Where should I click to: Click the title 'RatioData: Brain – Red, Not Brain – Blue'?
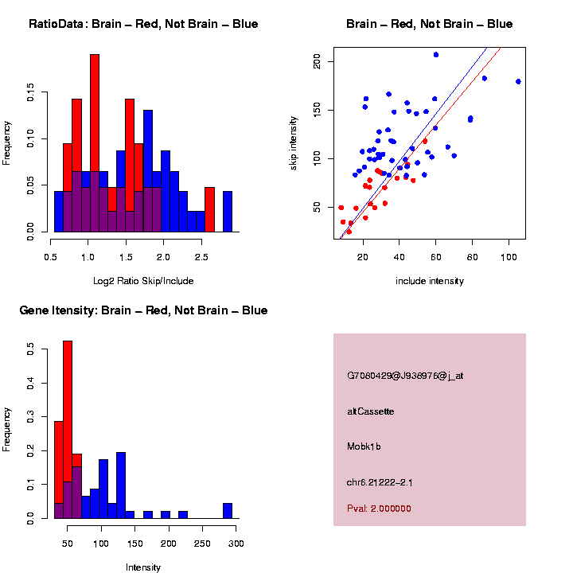point(143,24)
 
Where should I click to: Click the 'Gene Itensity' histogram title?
point(143,310)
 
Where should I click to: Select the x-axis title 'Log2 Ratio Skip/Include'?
point(143,281)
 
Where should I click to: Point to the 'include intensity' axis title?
point(430,281)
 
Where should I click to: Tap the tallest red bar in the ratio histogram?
point(95,143)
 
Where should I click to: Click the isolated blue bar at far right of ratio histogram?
point(228,212)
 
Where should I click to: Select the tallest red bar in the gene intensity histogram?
point(68,430)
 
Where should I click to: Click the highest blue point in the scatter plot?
point(436,55)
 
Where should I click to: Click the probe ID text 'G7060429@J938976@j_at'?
point(405,376)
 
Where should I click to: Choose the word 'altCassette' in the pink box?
point(371,411)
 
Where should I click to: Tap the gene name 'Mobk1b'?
point(364,447)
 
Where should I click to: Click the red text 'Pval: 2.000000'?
point(379,508)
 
